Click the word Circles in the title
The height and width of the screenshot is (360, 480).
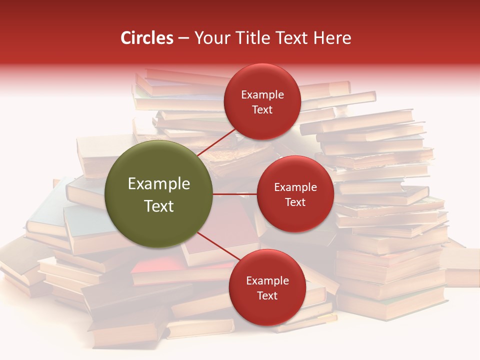coord(146,38)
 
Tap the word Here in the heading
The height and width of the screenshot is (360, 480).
coord(332,38)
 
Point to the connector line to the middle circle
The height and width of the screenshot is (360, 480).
coord(234,194)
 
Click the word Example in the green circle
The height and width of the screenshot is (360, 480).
coord(159,184)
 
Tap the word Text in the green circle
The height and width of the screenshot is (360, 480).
coord(159,206)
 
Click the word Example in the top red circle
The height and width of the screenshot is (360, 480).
coord(262,95)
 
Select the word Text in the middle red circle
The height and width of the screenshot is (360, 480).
coord(295,202)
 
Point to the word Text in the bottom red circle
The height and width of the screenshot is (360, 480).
coord(267,295)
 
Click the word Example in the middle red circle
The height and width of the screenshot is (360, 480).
coord(295,187)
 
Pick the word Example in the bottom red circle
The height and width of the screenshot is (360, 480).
coord(267,281)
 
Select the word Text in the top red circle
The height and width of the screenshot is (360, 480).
coord(262,110)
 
